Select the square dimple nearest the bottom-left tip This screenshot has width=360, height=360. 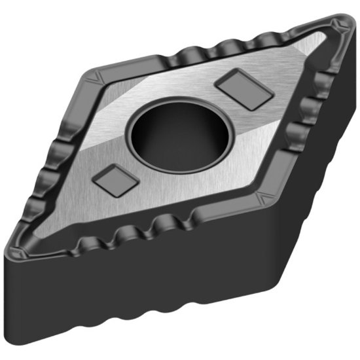[x=117, y=179]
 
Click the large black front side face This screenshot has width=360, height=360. [x=131, y=295]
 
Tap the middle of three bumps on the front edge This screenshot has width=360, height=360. [x=128, y=232]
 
